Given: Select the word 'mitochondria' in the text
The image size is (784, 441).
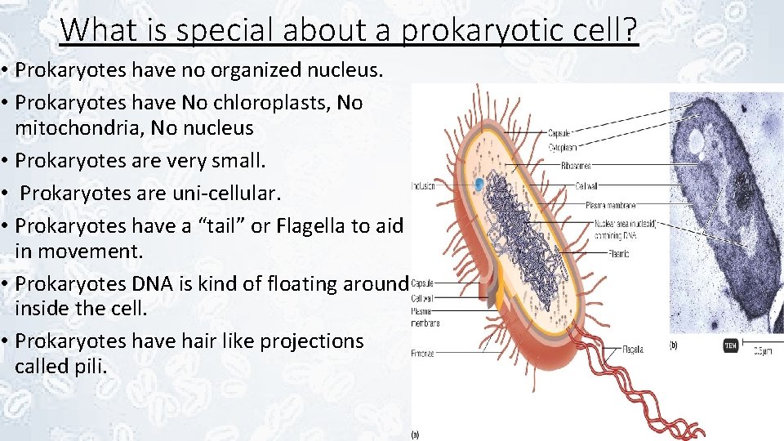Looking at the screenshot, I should tap(78, 128).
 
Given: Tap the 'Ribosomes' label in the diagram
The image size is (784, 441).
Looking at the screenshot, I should tap(575, 166).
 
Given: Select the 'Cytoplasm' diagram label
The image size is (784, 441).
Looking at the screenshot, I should tap(563, 148).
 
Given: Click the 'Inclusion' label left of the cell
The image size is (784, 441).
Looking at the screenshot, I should tap(423, 186).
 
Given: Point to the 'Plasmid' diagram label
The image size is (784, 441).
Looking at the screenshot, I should tap(617, 254).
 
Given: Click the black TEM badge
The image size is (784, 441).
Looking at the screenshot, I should tap(729, 345).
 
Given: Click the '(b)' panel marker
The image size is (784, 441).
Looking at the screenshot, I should tap(674, 345).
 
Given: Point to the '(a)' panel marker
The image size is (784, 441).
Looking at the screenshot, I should tap(414, 434).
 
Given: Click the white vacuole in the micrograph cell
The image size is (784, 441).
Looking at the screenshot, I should tap(696, 143).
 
